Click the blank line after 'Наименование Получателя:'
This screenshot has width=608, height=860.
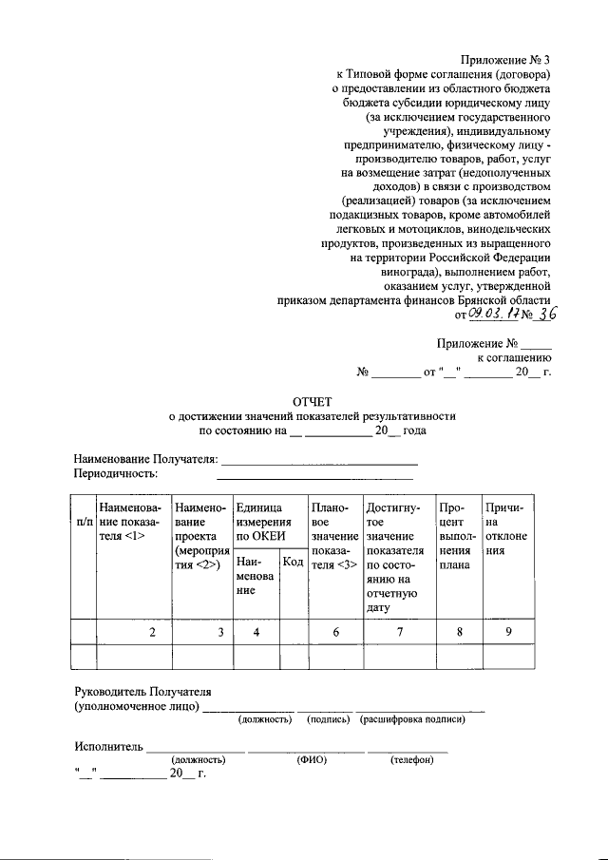319,462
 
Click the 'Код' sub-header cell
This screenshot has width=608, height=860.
294,564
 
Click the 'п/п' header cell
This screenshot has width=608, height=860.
84,522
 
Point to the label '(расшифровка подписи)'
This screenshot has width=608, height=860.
412,719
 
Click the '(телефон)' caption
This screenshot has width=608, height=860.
411,759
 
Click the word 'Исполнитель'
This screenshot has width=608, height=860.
108,747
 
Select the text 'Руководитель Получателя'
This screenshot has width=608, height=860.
142,691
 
